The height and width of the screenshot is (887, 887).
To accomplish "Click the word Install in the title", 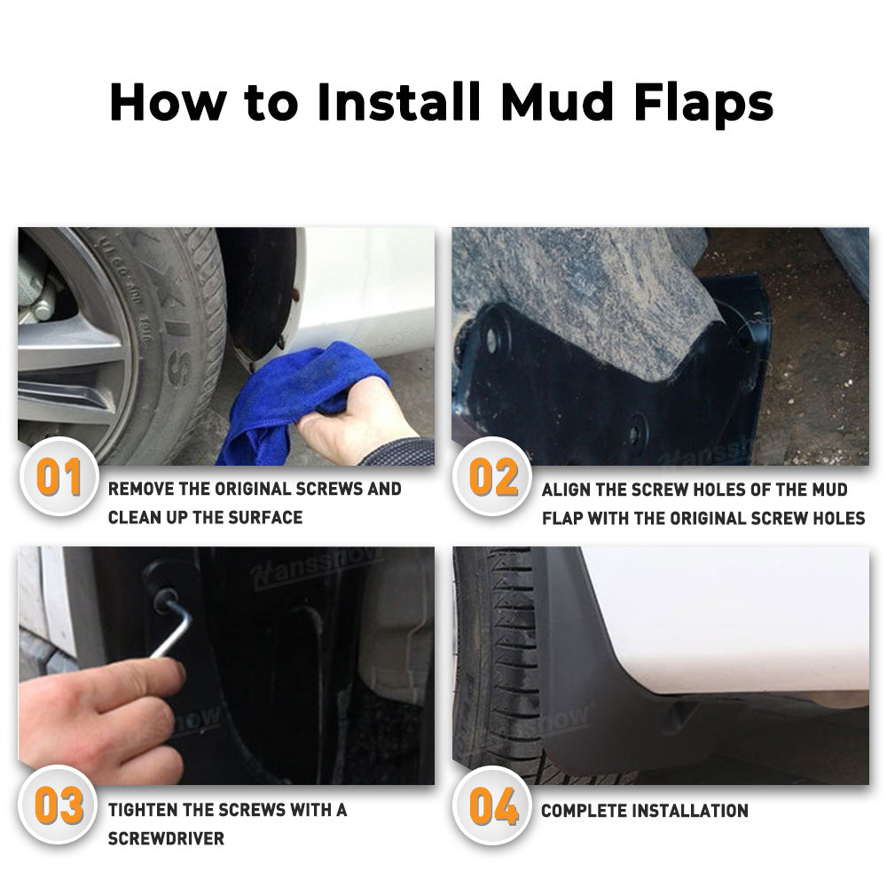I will pyautogui.click(x=398, y=103).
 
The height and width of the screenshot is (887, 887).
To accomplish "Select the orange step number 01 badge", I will pyautogui.click(x=59, y=479).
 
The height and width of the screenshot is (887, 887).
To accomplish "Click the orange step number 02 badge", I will pyautogui.click(x=493, y=479).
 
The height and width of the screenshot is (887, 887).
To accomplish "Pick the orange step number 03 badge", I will pyautogui.click(x=59, y=806).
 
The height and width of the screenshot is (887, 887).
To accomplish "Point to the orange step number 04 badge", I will pyautogui.click(x=493, y=806).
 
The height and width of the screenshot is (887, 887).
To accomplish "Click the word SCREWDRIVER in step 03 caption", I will pyautogui.click(x=166, y=838).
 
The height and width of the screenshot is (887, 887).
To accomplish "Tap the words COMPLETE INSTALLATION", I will pyautogui.click(x=645, y=811).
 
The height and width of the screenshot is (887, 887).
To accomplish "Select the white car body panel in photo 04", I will pyautogui.click(x=736, y=621).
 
